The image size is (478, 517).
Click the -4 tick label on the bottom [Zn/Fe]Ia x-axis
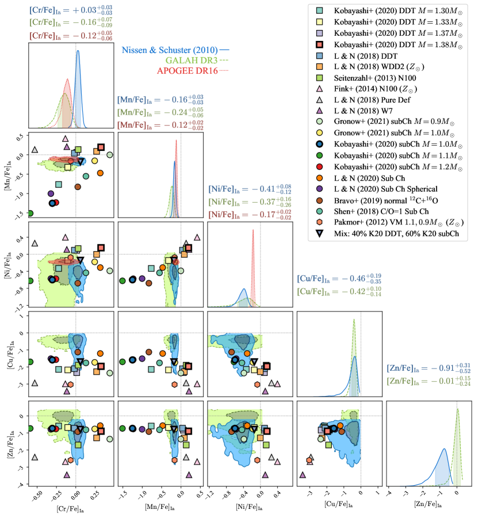click(389, 493)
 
